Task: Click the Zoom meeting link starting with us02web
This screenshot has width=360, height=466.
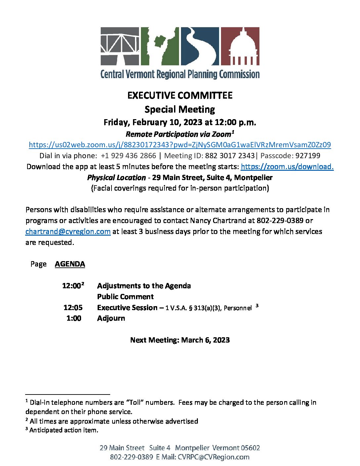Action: pos(180,145)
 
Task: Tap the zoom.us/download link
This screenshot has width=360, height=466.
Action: pos(287,166)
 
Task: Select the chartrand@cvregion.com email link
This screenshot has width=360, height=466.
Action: pos(68,231)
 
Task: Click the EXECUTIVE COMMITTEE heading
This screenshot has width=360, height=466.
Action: pos(180,95)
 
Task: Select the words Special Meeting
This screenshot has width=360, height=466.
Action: pos(180,109)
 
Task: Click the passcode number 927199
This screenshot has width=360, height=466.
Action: pos(308,156)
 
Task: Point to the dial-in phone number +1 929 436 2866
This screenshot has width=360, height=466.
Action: pos(128,156)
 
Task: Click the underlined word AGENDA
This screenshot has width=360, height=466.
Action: pos(70,264)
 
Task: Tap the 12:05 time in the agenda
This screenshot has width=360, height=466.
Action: pos(73,307)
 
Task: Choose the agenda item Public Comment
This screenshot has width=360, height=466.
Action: pos(125,297)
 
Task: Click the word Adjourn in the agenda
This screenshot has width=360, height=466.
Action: pos(111,318)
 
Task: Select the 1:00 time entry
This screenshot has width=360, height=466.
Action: pos(74,318)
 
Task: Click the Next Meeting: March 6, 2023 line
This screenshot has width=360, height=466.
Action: pos(180,340)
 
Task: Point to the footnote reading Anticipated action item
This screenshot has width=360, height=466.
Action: pos(64,430)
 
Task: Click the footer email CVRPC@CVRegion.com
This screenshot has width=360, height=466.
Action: pos(213,457)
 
